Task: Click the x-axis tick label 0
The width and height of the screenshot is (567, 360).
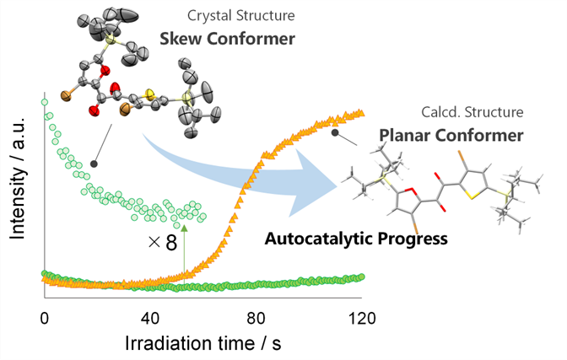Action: coord(45,318)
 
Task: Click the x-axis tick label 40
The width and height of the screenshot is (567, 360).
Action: coord(150,318)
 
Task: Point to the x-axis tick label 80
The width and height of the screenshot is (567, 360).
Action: coord(256,318)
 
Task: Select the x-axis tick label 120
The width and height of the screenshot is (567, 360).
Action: coord(360,318)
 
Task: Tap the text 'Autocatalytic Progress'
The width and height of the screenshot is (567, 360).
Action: coord(356,238)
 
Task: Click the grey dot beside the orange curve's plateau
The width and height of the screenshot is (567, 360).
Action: coord(335,132)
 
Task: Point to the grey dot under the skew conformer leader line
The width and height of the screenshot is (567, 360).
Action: coord(93,164)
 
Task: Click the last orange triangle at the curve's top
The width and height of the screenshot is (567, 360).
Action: coord(361,113)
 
